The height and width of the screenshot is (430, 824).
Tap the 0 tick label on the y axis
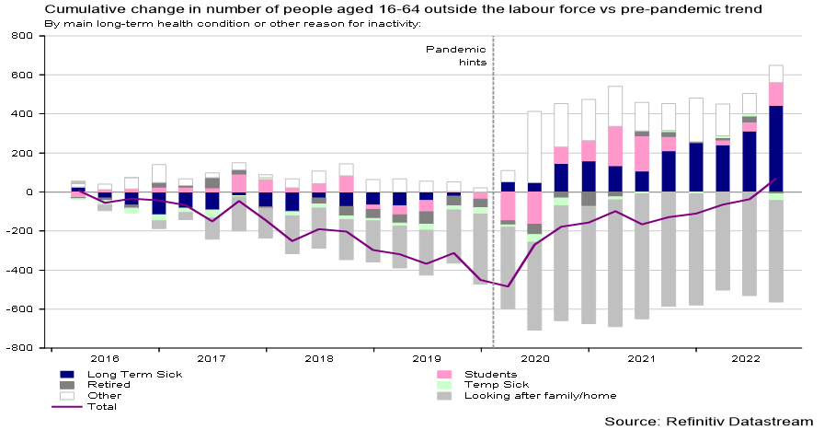(x=28, y=192)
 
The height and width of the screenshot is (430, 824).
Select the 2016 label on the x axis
(x=105, y=358)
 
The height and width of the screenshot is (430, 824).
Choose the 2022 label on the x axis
(x=748, y=358)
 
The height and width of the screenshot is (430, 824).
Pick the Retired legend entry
(x=111, y=385)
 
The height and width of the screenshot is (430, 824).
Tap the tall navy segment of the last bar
(x=775, y=148)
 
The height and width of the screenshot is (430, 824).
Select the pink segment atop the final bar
(x=775, y=94)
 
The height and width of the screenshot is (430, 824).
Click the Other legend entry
(x=104, y=396)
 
